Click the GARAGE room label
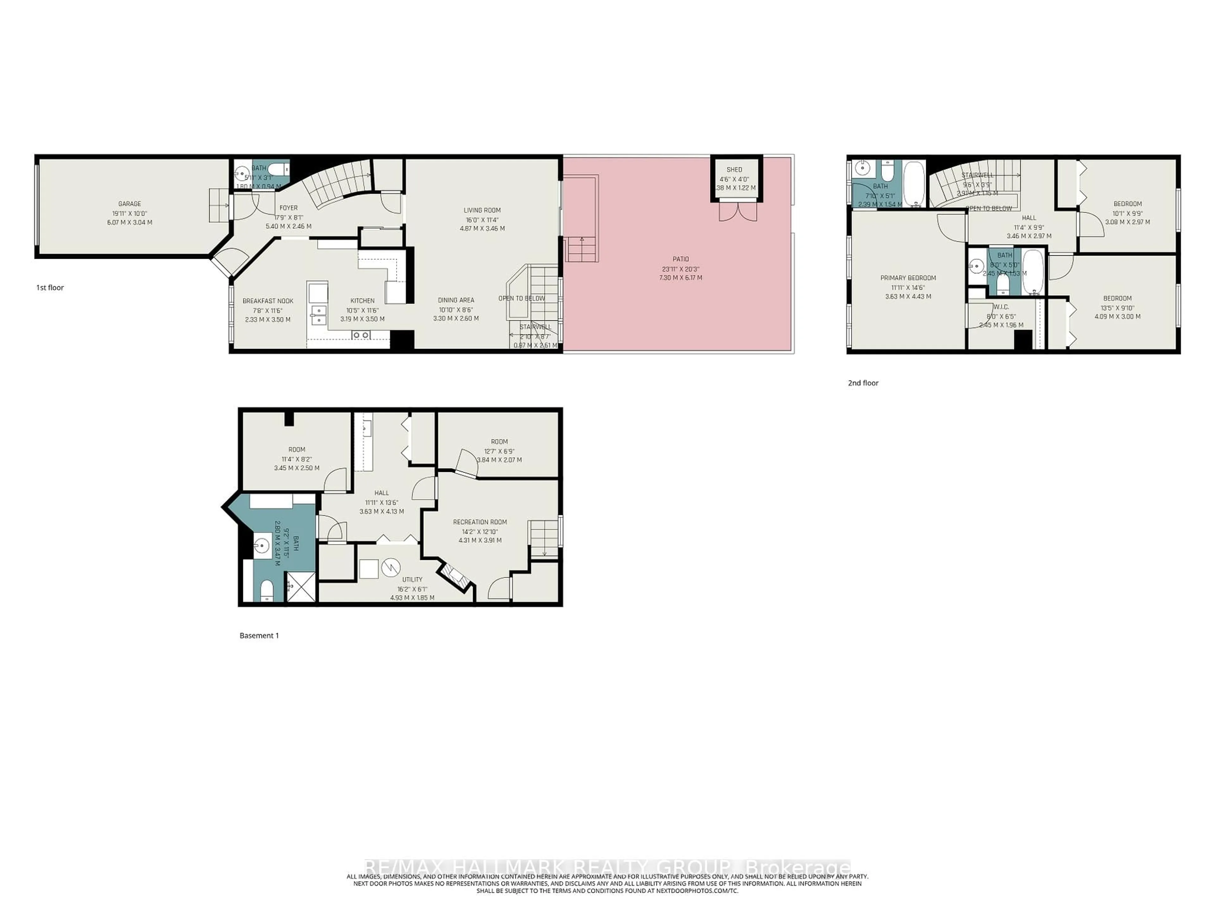[130, 204]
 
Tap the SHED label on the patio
[734, 170]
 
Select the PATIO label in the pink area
[681, 259]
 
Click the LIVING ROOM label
[482, 210]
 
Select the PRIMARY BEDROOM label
[908, 278]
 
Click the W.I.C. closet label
[1001, 307]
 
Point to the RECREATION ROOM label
[480, 522]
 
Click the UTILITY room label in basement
[412, 579]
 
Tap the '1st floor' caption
[50, 288]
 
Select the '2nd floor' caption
[863, 383]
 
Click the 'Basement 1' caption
[259, 636]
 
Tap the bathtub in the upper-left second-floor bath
[913, 184]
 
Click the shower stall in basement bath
[301, 586]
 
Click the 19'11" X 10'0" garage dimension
[130, 214]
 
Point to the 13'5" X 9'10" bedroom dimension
[1117, 308]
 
